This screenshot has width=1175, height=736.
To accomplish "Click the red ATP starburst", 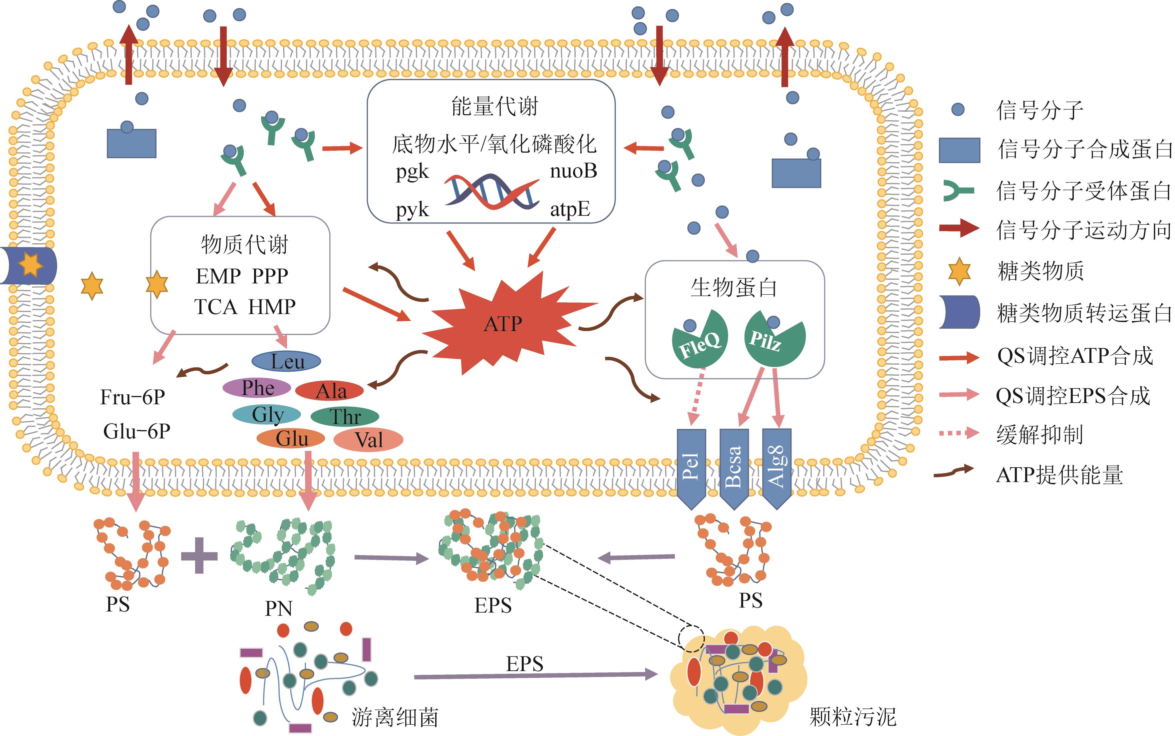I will pos(503,324).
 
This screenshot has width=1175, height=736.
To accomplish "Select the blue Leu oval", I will pos(286,361).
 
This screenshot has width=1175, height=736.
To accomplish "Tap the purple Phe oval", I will pos(257,388).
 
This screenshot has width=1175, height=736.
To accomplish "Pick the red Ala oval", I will pos(329,390).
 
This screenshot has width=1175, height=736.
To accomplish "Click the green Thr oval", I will pos(345,417).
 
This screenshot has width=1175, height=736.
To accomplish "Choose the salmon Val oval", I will pos(368,440).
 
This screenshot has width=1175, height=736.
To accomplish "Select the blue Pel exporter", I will pos(691,466).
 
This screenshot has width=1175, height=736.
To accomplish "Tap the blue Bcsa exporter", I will pos(734,466).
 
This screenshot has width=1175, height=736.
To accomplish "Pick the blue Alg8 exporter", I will pos(776,466).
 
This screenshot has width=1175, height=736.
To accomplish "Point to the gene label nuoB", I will pos(573,171).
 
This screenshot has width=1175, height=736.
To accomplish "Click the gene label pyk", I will pos(412,210).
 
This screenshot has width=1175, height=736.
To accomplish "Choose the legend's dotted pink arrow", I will pos(959,433).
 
